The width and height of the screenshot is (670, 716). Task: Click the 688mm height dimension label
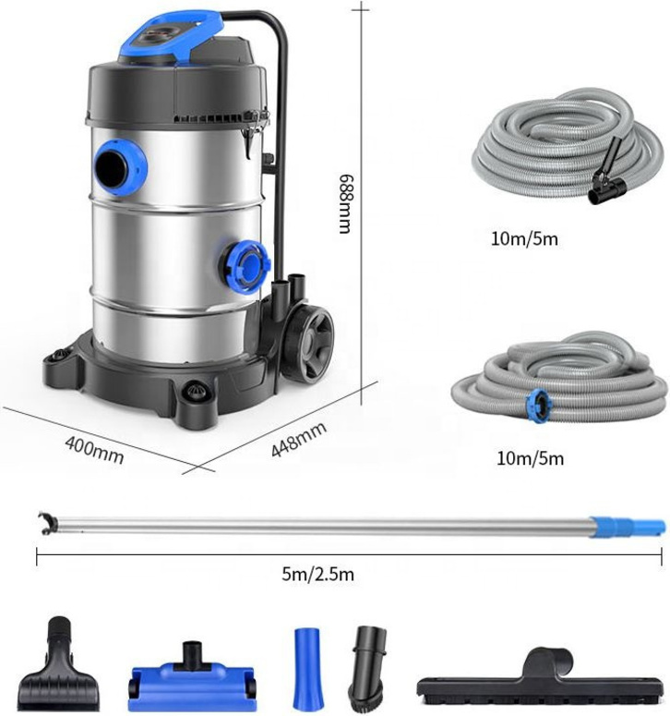[x=345, y=203]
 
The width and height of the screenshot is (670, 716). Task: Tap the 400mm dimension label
[x=94, y=450]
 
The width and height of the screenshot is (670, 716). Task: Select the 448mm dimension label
[x=299, y=439]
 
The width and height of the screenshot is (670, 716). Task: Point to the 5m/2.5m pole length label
[x=317, y=574]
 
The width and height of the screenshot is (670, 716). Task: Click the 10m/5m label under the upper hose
[x=524, y=238]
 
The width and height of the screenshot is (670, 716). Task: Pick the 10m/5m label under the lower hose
[x=530, y=458]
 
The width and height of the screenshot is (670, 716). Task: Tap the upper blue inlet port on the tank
[x=119, y=167]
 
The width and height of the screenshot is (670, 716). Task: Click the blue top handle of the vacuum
[x=171, y=37]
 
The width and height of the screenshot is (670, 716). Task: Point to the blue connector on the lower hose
[x=537, y=405]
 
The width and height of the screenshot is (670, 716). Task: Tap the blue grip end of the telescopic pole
[x=627, y=525]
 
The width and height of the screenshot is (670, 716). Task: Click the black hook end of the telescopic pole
[x=47, y=522]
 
